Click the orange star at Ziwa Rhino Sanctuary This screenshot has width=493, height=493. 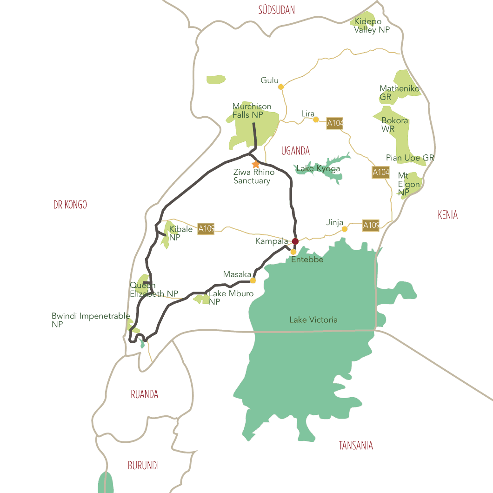[x=256, y=164]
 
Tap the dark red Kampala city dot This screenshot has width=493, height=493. [x=295, y=241]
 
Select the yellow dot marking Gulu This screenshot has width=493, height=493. [x=281, y=87]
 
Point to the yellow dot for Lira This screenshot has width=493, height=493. [x=316, y=120]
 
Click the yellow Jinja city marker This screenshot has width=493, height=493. [x=345, y=229]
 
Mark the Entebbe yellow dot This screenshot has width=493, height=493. [x=293, y=252]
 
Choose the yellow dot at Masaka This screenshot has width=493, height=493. [x=253, y=280]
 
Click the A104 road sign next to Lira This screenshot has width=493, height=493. [x=335, y=123]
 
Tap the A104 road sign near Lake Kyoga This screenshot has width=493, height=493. [x=380, y=173]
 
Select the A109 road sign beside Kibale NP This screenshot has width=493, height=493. [x=206, y=229]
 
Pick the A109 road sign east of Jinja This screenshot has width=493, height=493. [x=371, y=226]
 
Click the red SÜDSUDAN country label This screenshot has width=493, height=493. [x=277, y=10]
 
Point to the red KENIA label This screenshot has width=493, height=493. [x=447, y=214]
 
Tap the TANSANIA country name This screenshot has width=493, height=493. [x=356, y=446]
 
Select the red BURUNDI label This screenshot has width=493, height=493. [x=143, y=465]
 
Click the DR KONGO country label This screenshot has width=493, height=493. [x=70, y=205]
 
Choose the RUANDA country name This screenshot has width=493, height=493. [x=144, y=394]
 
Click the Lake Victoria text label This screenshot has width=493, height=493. [x=313, y=320]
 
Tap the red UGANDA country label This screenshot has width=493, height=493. [x=295, y=151]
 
